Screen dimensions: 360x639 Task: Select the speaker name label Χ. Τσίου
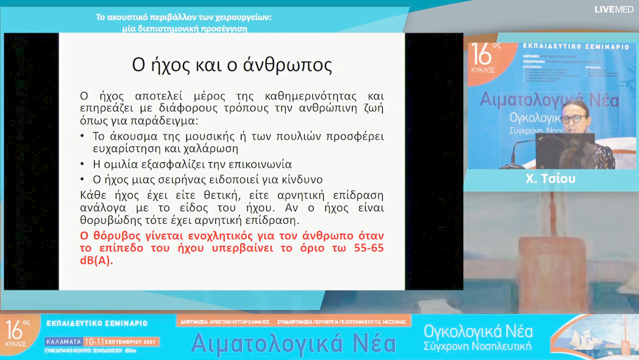coord(550,179)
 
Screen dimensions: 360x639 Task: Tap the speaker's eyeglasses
coord(572,118)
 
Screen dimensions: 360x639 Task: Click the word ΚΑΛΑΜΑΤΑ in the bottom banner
coord(63,342)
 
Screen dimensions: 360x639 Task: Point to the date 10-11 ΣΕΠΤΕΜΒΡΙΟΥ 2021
coord(121,342)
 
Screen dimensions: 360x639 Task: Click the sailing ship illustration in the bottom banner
coord(598,335)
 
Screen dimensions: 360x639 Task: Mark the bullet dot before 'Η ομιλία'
coord(82,165)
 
